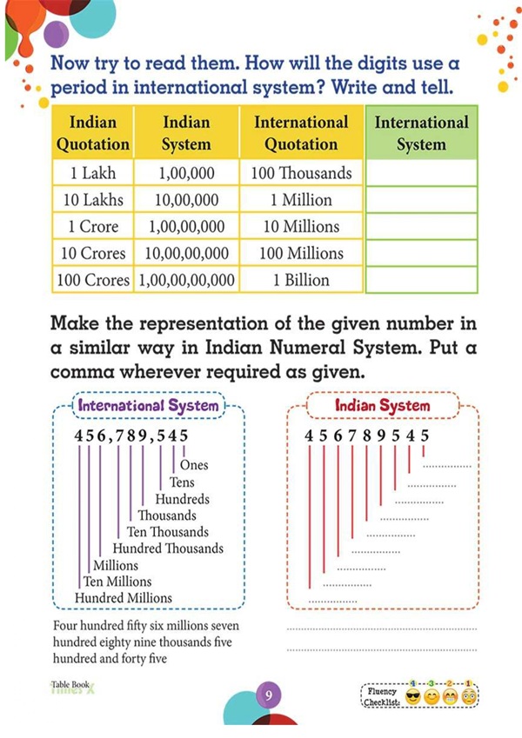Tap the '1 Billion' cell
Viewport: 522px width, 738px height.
tap(301, 280)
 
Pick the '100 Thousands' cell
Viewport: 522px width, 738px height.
tap(301, 173)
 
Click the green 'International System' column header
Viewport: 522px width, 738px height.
tap(421, 133)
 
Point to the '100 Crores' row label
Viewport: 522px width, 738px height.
tap(92, 280)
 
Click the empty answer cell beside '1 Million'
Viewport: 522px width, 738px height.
tap(421, 200)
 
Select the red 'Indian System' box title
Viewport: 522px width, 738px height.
tap(383, 406)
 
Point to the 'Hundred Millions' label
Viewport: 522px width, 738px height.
tap(124, 598)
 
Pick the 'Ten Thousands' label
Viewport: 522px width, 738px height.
tap(168, 532)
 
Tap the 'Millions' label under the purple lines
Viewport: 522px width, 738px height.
tap(115, 565)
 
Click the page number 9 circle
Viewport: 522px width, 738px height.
tap(270, 695)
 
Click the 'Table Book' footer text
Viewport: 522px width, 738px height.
tap(70, 684)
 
